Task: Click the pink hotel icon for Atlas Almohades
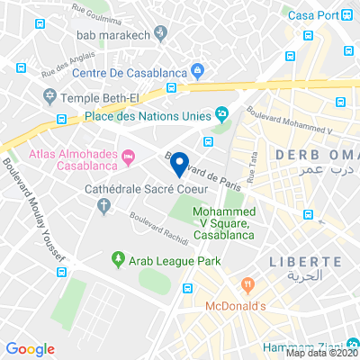click(129, 158)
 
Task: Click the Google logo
click(31, 348)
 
